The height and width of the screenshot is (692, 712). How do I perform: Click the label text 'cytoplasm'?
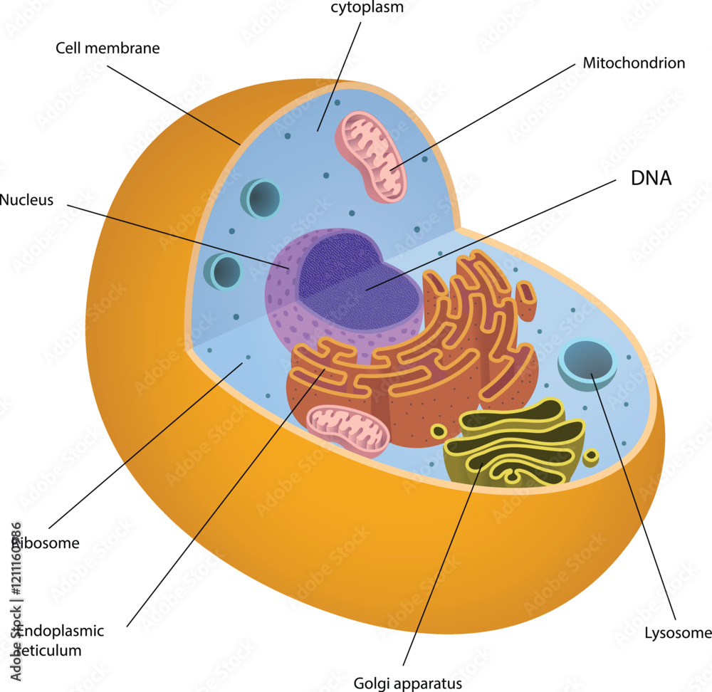click(367, 8)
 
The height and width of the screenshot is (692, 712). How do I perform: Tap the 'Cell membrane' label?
click(108, 48)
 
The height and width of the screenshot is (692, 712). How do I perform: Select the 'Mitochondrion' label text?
click(634, 63)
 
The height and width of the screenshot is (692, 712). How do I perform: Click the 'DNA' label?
click(651, 178)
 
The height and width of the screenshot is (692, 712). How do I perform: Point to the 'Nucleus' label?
click(26, 200)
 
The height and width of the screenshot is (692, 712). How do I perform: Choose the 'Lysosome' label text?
click(678, 632)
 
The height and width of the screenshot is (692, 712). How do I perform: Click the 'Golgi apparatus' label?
click(408, 684)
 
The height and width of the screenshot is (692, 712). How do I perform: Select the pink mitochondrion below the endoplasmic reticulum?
click(347, 429)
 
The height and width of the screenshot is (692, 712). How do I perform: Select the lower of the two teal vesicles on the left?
click(225, 273)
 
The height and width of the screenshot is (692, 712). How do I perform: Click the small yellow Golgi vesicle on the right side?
click(591, 456)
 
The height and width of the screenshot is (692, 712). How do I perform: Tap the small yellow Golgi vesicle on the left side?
click(439, 431)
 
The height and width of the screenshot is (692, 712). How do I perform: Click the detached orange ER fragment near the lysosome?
click(526, 300)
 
